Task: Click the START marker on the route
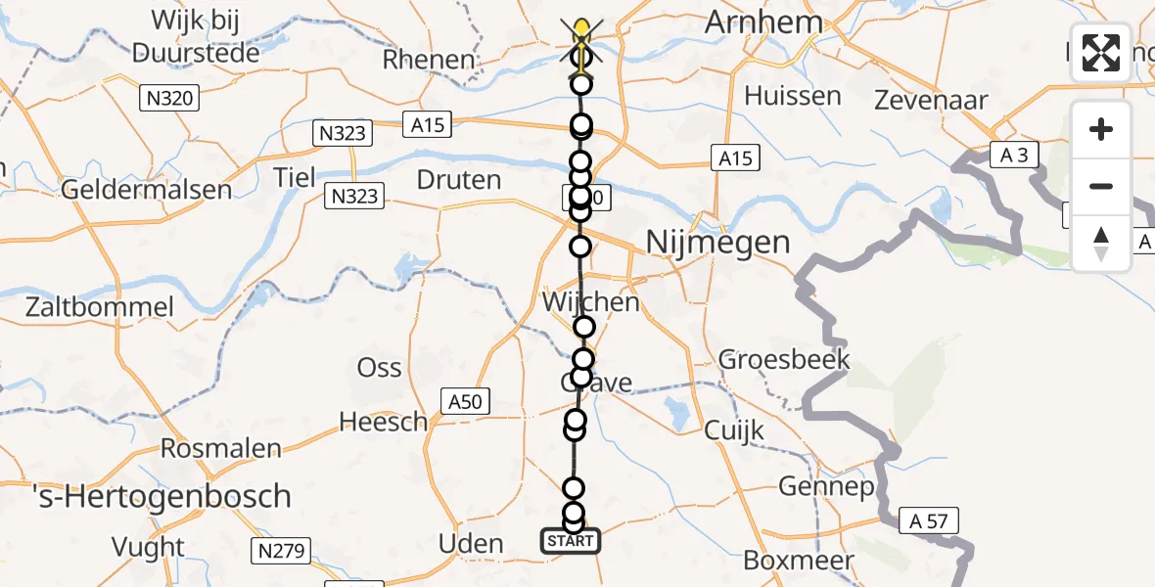tap(571, 541)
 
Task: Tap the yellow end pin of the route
tap(582, 29)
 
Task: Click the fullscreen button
tap(1101, 53)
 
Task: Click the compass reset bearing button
tap(1101, 244)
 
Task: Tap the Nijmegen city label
tap(718, 242)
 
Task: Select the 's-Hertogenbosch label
tap(146, 496)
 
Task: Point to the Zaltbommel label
tap(88, 307)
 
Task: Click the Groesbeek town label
tap(784, 359)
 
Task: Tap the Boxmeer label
tap(799, 561)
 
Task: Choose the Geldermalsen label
tap(146, 189)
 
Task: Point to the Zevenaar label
tap(931, 100)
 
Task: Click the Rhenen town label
tap(429, 60)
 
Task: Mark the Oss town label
tap(379, 368)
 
